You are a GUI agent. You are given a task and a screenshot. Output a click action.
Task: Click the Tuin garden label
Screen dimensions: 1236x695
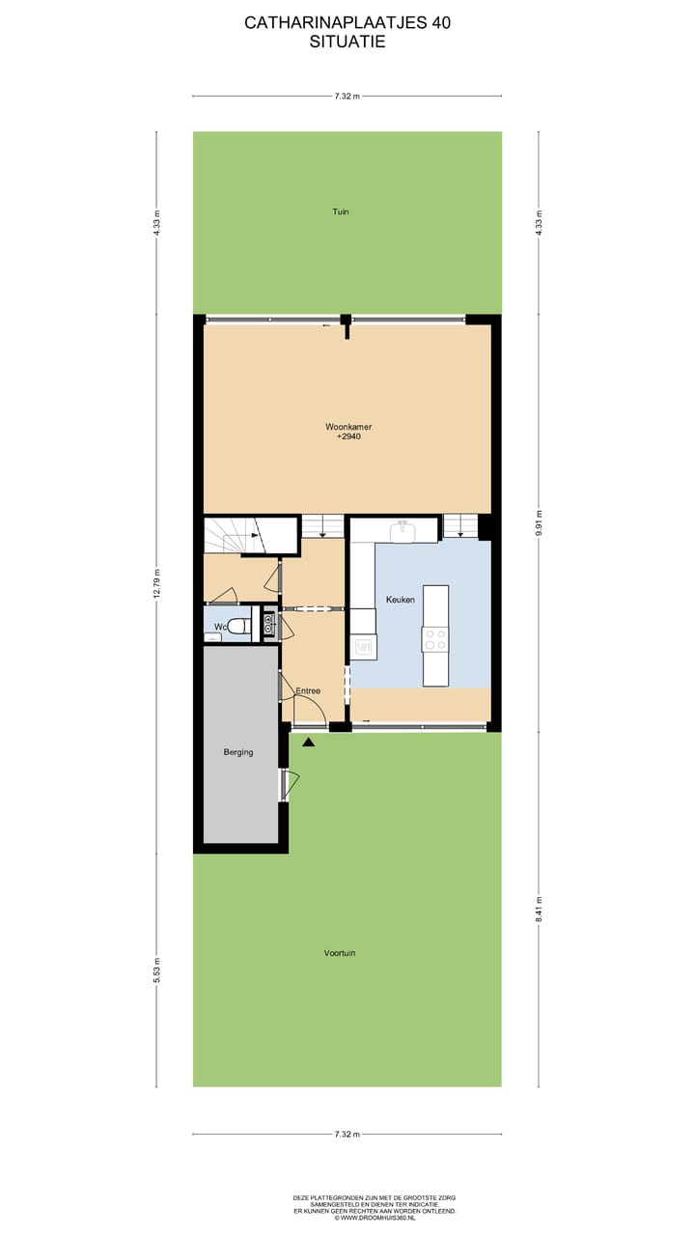pos(340,211)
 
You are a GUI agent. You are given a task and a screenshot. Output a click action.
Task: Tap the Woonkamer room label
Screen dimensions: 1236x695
pos(347,426)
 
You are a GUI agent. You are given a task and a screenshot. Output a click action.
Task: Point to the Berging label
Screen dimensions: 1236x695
pos(237,752)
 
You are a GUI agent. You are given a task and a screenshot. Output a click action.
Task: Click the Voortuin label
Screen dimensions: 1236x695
pos(340,953)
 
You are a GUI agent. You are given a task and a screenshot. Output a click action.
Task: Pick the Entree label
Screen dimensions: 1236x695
pos(308,690)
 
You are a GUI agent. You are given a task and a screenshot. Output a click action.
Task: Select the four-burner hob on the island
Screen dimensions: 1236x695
pos(435,638)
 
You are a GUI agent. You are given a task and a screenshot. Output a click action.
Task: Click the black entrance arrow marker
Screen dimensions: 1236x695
pos(309,742)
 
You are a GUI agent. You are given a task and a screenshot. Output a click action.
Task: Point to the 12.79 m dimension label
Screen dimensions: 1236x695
pos(156,583)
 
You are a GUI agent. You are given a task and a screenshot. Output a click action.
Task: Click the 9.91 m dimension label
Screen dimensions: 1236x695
pos(539,521)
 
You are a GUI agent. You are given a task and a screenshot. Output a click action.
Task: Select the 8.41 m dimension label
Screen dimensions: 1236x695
pos(539,910)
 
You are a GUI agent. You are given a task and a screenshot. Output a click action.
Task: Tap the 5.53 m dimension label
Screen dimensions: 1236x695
pos(156,969)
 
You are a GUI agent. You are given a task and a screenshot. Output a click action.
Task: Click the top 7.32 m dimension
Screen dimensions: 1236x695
pos(347,96)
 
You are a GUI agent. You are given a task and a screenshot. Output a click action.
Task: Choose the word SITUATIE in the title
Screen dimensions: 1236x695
pos(347,42)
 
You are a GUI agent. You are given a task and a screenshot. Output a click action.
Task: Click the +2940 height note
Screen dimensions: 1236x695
pos(347,437)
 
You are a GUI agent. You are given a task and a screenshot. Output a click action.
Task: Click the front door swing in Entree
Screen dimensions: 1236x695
pos(309,712)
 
